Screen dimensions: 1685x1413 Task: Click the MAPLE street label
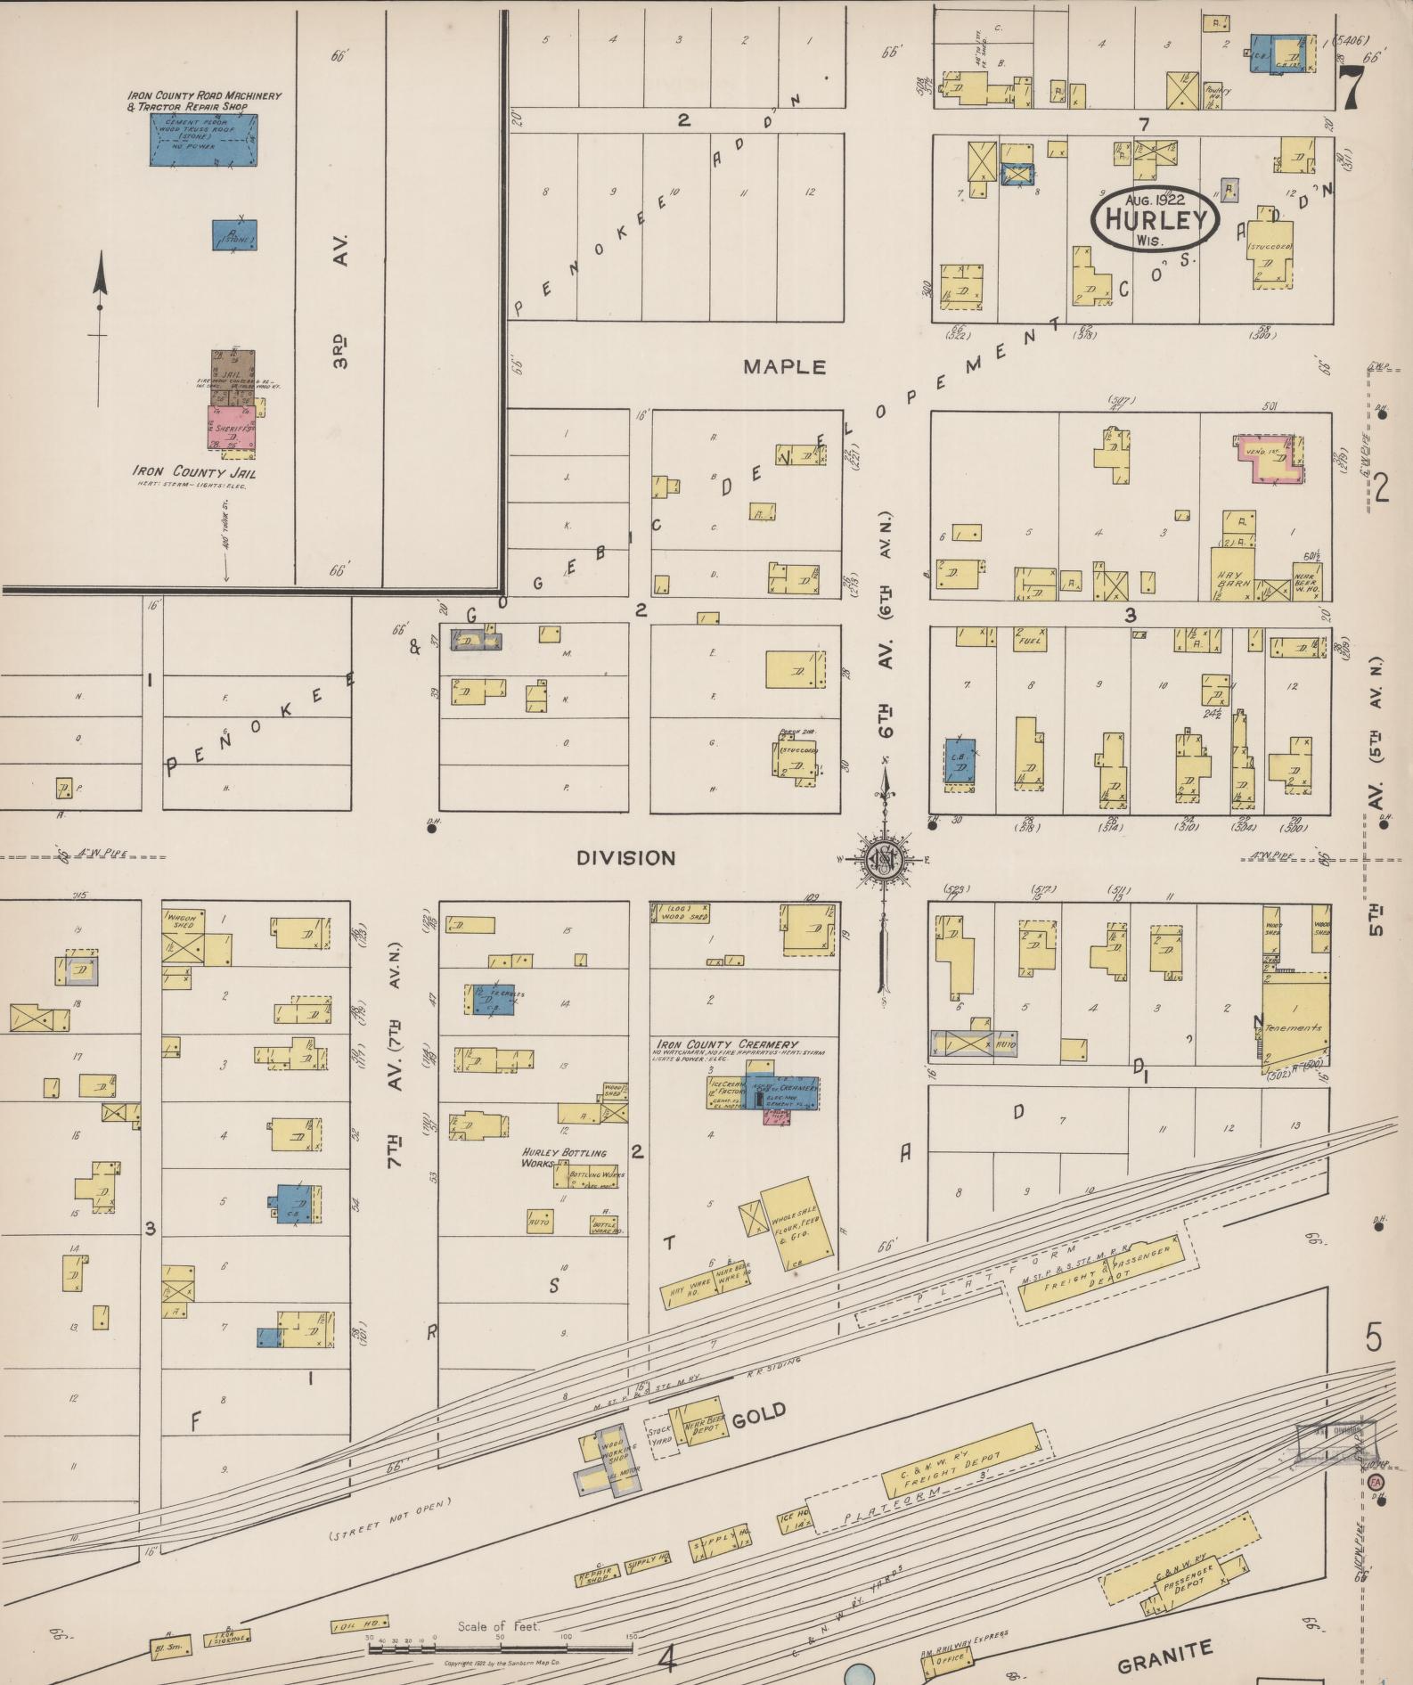785,366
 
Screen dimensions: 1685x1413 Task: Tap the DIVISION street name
625,858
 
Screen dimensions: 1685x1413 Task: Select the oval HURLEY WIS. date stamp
1155,219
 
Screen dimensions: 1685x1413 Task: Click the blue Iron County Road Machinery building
203,139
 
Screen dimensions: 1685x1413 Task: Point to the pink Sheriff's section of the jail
231,428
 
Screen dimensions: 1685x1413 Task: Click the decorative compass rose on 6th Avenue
883,860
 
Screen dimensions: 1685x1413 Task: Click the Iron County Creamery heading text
727,1043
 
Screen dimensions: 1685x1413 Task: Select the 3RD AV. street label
343,300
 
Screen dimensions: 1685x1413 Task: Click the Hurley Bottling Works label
565,1157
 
